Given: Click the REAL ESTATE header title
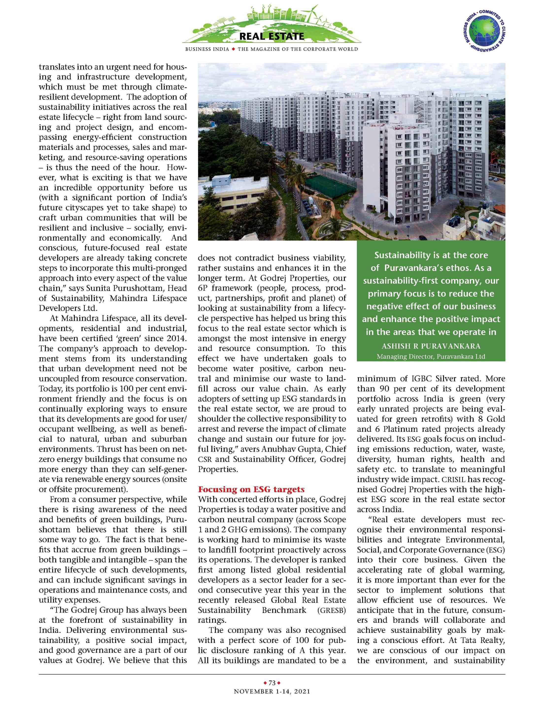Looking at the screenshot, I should pyautogui.click(x=272, y=36).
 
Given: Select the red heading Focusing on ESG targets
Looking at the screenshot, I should pyautogui.click(x=251, y=489).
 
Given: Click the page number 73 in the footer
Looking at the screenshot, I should pyautogui.click(x=272, y=682).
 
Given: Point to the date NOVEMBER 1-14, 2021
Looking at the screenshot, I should pyautogui.click(x=272, y=691).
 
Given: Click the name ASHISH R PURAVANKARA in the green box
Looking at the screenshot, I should pyautogui.click(x=431, y=346).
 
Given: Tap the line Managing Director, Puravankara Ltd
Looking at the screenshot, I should pyautogui.click(x=431, y=356).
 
